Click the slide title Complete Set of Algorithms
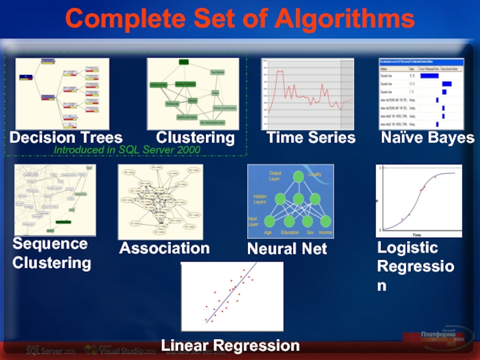pyautogui.click(x=240, y=19)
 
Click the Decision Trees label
pyautogui.click(x=66, y=138)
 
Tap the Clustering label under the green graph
pyautogui.click(x=195, y=138)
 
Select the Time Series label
pyautogui.click(x=311, y=138)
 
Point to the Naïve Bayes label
pyautogui.click(x=427, y=138)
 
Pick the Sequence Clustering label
pyautogui.click(x=52, y=253)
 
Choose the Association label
pyautogui.click(x=164, y=248)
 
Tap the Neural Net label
pyautogui.click(x=287, y=248)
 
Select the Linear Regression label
pyautogui.click(x=230, y=346)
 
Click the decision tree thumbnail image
pyautogui.click(x=62, y=94)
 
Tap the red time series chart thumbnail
pyautogui.click(x=307, y=94)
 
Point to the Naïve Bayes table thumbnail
pyautogui.click(x=421, y=94)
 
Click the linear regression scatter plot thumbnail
pyautogui.click(x=232, y=296)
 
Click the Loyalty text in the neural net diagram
pyautogui.click(x=315, y=175)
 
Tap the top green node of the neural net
pyautogui.click(x=296, y=177)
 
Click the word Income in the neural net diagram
pyautogui.click(x=325, y=233)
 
